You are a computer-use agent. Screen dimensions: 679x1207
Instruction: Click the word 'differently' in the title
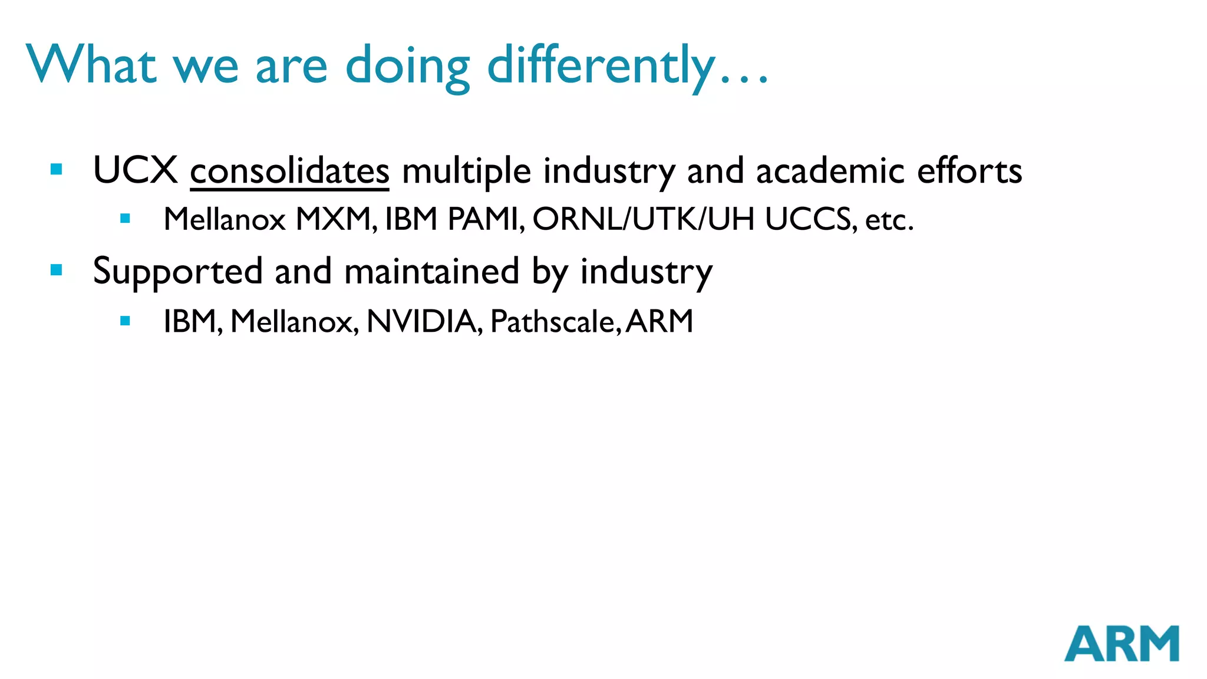click(x=601, y=66)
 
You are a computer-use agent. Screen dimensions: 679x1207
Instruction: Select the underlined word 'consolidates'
click(x=289, y=172)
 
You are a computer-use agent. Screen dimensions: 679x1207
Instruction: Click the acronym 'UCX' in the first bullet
click(x=136, y=170)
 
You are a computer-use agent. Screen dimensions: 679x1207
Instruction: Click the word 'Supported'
click(x=177, y=272)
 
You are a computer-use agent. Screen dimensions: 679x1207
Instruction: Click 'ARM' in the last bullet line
click(x=659, y=322)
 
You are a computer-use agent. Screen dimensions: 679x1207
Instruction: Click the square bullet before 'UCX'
click(x=57, y=170)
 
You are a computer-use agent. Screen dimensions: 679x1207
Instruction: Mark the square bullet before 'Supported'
click(x=57, y=270)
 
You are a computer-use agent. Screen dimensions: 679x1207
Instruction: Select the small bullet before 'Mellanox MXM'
click(x=125, y=219)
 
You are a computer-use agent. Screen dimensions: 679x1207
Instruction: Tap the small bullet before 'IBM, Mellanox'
click(x=125, y=321)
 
